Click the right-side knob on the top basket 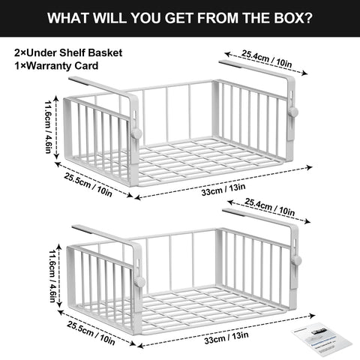point(294,112)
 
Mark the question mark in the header point(309,17)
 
